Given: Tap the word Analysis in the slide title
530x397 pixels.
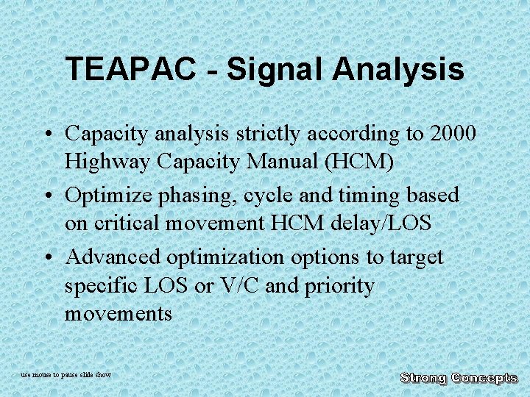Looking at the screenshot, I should pos(397,70).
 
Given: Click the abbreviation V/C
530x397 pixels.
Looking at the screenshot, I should pos(241,285).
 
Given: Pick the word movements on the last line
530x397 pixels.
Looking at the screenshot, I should pos(118,313).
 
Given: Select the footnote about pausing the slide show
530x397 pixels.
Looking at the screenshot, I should pos(66,375).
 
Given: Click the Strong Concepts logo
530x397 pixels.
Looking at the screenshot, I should pos(459,378).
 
